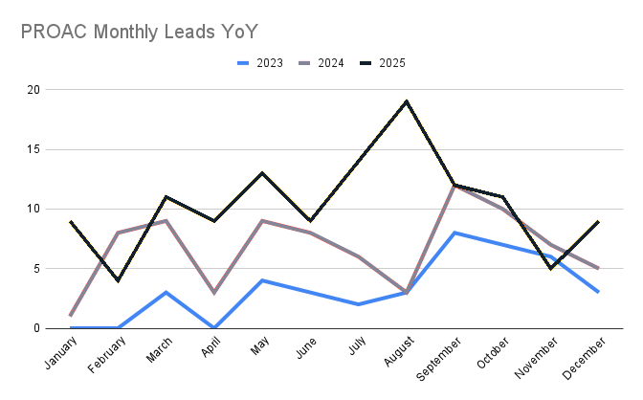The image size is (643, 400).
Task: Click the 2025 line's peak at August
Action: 407,101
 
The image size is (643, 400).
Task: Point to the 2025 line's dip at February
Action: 120,280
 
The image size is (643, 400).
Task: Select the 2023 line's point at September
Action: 455,233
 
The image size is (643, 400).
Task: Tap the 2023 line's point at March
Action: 167,292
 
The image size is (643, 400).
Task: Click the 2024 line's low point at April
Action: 215,292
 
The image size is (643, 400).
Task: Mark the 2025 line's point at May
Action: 263,173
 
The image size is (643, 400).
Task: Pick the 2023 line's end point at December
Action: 598,292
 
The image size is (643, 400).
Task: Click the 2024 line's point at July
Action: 359,256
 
